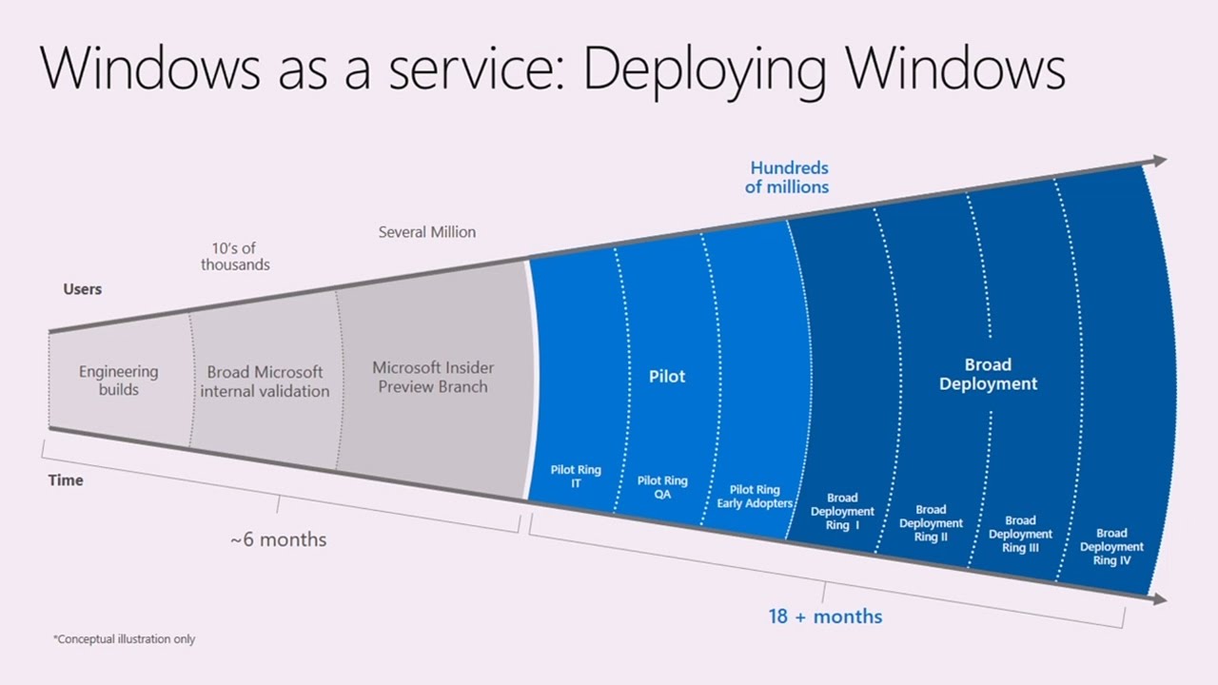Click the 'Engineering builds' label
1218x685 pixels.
click(118, 381)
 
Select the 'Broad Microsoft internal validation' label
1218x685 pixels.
click(265, 382)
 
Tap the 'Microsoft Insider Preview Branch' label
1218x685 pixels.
click(433, 377)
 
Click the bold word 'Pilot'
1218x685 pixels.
click(667, 376)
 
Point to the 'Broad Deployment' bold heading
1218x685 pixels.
click(988, 374)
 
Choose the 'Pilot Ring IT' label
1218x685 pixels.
click(576, 477)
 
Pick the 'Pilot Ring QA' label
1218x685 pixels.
click(662, 487)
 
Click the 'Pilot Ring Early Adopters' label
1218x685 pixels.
click(755, 497)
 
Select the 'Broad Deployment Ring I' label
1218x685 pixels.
click(842, 512)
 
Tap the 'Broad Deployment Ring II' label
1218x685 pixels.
click(931, 523)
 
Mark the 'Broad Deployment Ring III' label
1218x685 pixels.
click(1020, 535)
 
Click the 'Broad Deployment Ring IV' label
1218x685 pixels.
click(1111, 547)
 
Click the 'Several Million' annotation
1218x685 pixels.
click(427, 232)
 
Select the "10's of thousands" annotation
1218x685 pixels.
click(235, 257)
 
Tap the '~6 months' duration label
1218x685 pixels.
click(278, 539)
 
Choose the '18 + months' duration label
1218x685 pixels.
click(825, 616)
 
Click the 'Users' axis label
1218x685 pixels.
click(83, 289)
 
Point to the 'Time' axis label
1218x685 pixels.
click(66, 480)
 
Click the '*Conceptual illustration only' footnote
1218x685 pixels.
click(124, 639)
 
